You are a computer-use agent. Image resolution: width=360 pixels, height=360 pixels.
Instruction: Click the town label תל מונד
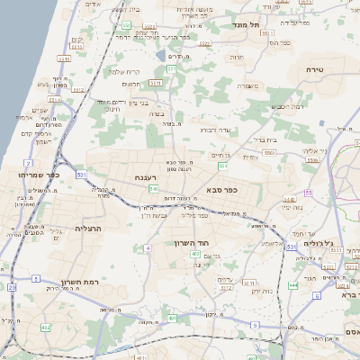coord(246,24)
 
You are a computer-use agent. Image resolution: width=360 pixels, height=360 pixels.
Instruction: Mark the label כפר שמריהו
coord(38,174)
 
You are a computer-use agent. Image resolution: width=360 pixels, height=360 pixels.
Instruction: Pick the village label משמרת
coord(249,85)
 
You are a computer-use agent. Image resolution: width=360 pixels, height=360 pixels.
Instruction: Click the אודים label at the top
coord(93,4)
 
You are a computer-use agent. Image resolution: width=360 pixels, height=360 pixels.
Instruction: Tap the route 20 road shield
coord(13,287)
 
